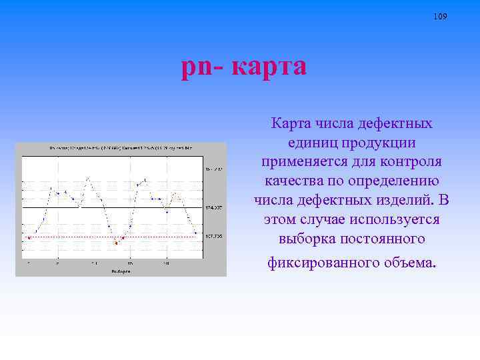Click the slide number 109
click(x=440, y=16)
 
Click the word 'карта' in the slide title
click(x=271, y=67)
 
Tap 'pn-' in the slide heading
click(x=204, y=67)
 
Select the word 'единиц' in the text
click(x=312, y=143)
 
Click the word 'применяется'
click(x=300, y=162)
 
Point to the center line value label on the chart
click(x=214, y=208)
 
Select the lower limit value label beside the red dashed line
click(x=214, y=236)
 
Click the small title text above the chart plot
click(x=121, y=147)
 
